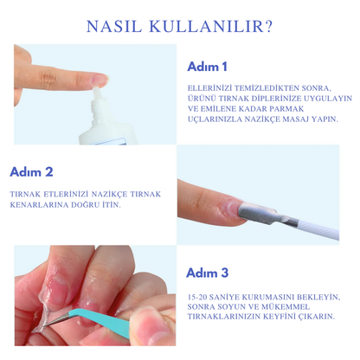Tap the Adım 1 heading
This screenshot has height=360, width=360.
point(207,67)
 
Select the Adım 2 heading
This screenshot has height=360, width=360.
point(31,171)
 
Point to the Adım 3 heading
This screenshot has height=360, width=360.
point(207,273)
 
